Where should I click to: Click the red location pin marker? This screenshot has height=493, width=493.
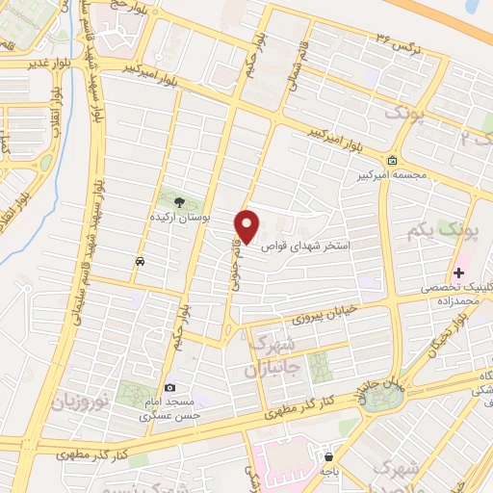248,225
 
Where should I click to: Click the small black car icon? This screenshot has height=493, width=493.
142,261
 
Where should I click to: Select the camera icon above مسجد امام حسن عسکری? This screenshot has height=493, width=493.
170,386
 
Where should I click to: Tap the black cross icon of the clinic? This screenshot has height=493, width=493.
458,274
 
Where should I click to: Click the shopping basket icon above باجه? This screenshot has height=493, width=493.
329,457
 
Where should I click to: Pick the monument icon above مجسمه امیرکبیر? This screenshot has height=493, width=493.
391,161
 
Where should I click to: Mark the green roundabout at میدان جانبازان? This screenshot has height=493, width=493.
374,400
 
